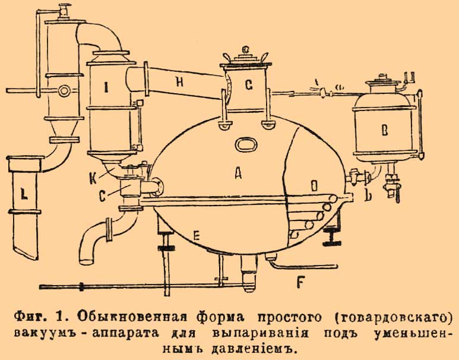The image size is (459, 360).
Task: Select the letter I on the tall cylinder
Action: point(106,89)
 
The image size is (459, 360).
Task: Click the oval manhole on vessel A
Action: point(244,144)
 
